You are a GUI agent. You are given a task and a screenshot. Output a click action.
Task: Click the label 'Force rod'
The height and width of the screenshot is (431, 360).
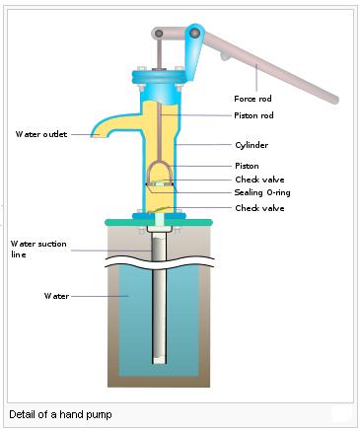click(252, 99)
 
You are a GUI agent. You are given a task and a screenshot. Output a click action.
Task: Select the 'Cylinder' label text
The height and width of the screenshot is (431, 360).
click(252, 145)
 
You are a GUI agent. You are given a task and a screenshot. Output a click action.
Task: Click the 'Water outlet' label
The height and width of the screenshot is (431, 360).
click(41, 134)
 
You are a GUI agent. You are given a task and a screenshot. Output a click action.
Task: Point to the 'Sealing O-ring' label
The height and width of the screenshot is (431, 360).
click(262, 192)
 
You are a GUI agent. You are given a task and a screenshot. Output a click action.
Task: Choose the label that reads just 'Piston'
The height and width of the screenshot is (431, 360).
click(247, 166)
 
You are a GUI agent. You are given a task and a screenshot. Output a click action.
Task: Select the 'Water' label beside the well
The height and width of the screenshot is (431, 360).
click(55, 295)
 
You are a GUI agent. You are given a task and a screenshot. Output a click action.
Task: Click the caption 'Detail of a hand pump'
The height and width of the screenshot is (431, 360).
click(61, 414)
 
